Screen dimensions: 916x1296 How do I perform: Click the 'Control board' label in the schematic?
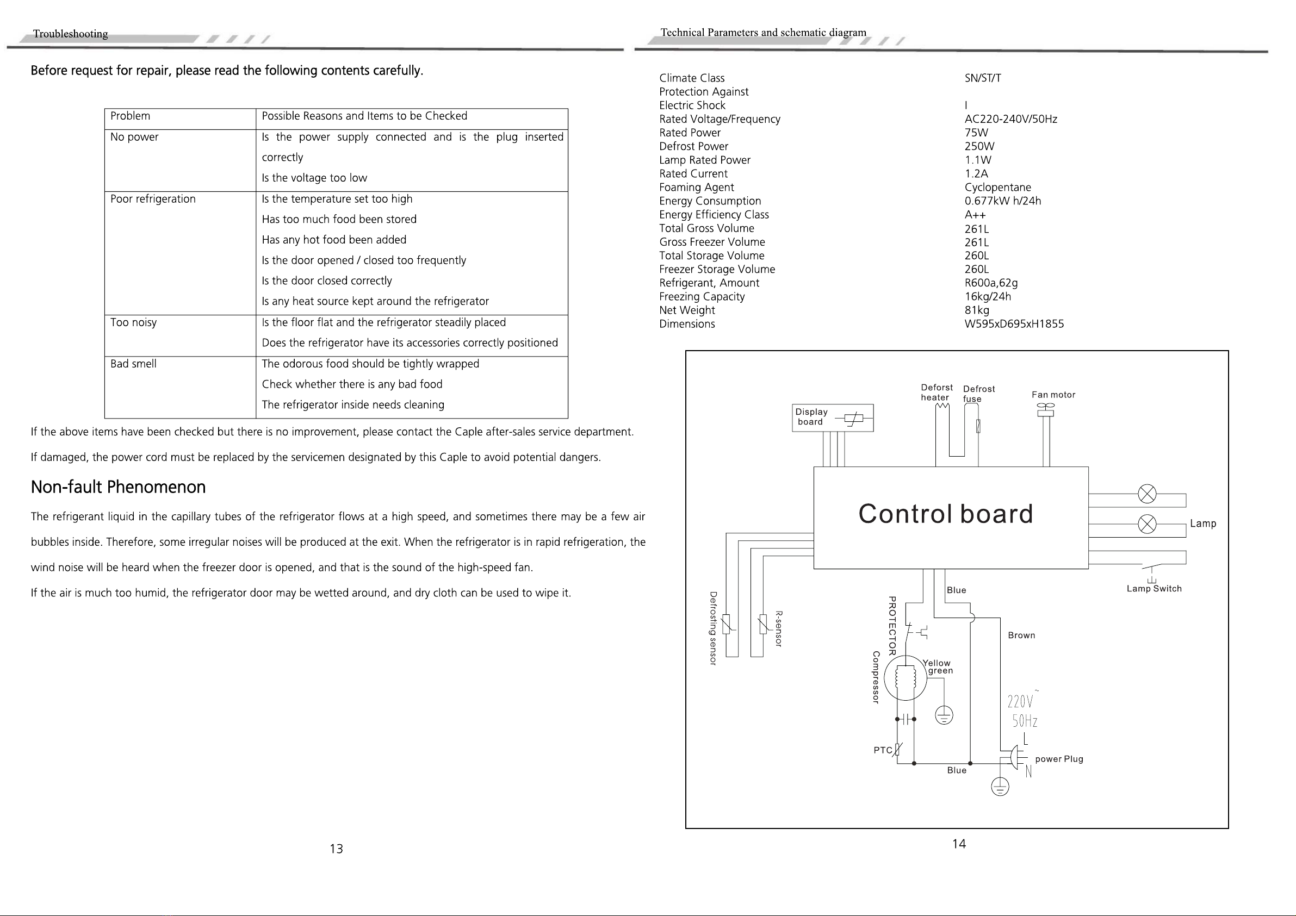click(945, 514)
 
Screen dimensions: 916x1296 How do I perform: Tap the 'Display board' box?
click(833, 418)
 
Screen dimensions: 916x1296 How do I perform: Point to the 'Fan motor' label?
click(1053, 395)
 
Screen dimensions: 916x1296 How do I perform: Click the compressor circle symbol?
click(906, 678)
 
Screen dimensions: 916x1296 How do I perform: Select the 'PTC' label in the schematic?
click(883, 750)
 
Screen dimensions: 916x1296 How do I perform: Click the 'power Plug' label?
click(1059, 759)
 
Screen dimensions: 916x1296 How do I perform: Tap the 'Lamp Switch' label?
click(1154, 589)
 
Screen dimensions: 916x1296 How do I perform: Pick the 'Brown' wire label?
click(1022, 635)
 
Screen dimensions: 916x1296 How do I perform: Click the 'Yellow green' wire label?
click(938, 666)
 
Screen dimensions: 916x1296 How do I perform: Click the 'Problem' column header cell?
click(131, 116)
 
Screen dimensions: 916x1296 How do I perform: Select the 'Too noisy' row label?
click(134, 322)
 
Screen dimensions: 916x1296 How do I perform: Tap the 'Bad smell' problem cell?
click(134, 364)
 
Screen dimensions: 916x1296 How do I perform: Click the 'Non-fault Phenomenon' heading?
click(118, 487)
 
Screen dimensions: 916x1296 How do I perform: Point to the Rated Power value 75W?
click(977, 133)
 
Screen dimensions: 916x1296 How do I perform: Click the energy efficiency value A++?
click(975, 215)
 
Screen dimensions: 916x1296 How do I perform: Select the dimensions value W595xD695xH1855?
click(1014, 324)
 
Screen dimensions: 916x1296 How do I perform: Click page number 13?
click(337, 849)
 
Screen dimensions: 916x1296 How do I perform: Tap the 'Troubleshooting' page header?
click(71, 34)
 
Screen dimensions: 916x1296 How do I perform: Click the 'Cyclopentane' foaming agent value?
click(998, 188)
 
